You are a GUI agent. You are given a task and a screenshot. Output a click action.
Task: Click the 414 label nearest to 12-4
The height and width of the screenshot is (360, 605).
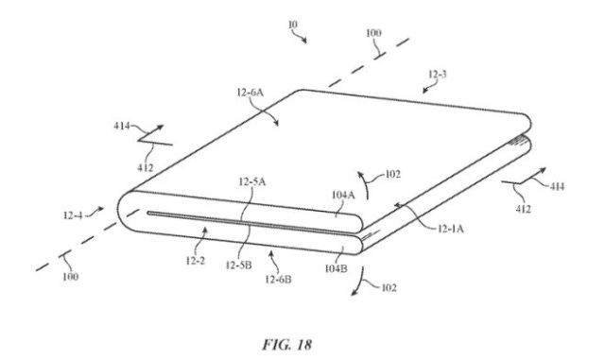coord(121,128)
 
